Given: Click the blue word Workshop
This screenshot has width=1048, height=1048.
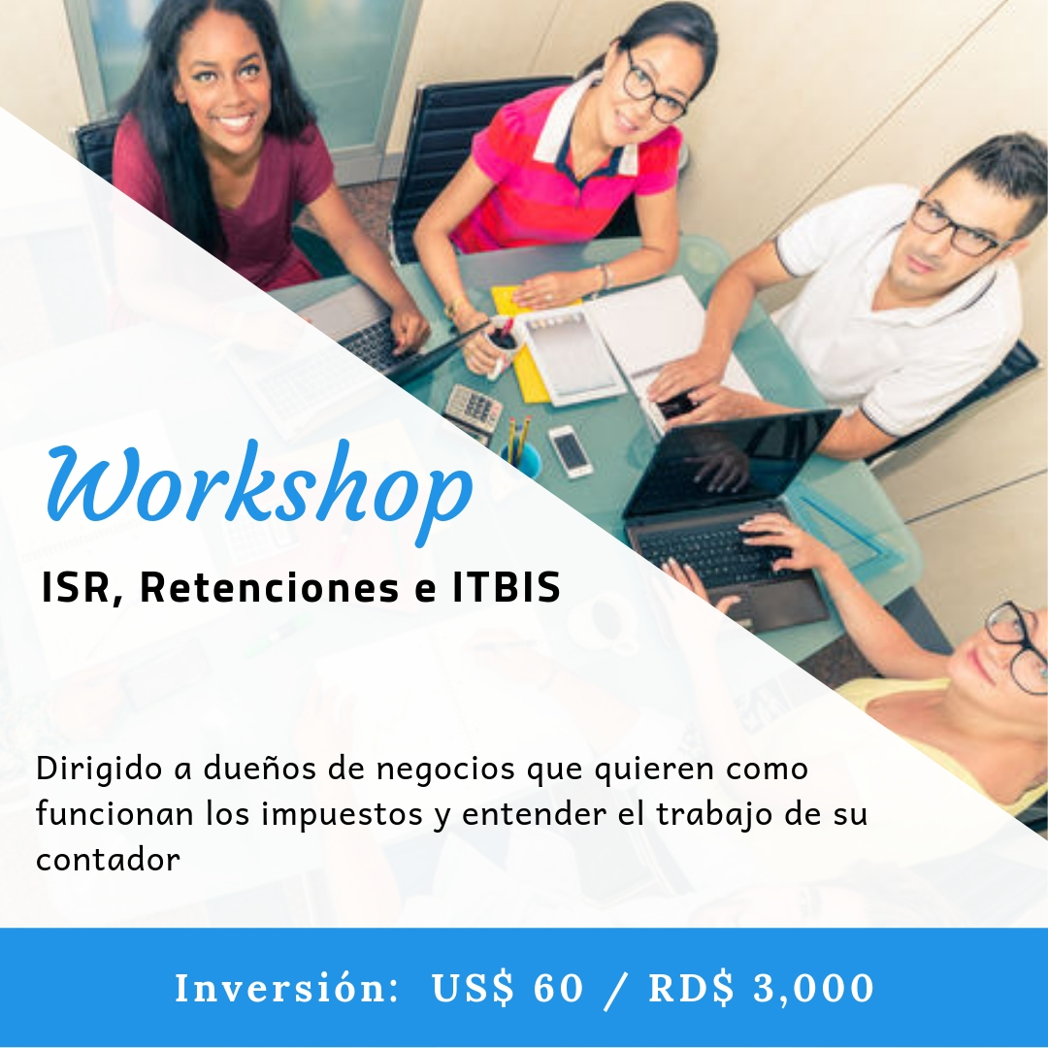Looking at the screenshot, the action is (259, 491).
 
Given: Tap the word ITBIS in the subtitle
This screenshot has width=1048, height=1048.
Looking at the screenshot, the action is (506, 587).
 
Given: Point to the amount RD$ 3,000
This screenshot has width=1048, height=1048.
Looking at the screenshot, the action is (762, 989).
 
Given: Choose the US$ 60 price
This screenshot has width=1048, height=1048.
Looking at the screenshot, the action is (508, 989).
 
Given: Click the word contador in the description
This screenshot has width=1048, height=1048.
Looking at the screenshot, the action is (108, 859).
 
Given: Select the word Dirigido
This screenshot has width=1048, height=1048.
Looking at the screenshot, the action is (99, 770).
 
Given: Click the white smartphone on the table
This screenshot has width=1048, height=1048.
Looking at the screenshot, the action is (571, 450).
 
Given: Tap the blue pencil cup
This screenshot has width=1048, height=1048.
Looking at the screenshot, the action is (522, 457).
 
